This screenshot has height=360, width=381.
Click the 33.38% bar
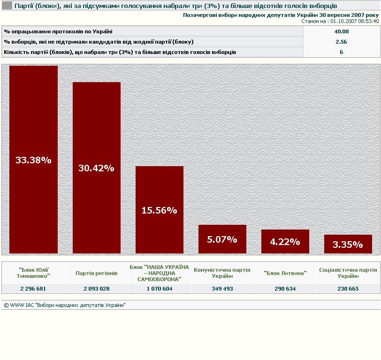(33, 160)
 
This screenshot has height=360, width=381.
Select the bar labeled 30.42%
(96, 168)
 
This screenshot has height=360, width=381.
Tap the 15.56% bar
(159, 210)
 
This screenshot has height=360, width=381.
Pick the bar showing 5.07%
(222, 239)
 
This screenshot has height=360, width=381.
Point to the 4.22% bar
(285, 242)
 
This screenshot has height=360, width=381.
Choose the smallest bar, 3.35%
(348, 245)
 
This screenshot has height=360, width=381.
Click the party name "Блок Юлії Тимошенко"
(34, 273)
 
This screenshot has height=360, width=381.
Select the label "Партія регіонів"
(97, 273)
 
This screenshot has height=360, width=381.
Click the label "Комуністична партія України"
(222, 273)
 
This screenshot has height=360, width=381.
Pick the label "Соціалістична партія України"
(348, 273)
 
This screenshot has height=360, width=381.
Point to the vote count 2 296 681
(34, 289)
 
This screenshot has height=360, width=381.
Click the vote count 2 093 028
(97, 289)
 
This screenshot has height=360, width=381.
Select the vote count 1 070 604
(159, 289)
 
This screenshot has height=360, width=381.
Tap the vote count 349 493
(222, 289)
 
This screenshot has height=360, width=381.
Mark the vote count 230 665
(348, 289)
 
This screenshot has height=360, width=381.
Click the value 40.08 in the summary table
(341, 31)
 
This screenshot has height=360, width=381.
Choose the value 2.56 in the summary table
(341, 42)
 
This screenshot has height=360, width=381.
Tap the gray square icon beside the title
(7, 6)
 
